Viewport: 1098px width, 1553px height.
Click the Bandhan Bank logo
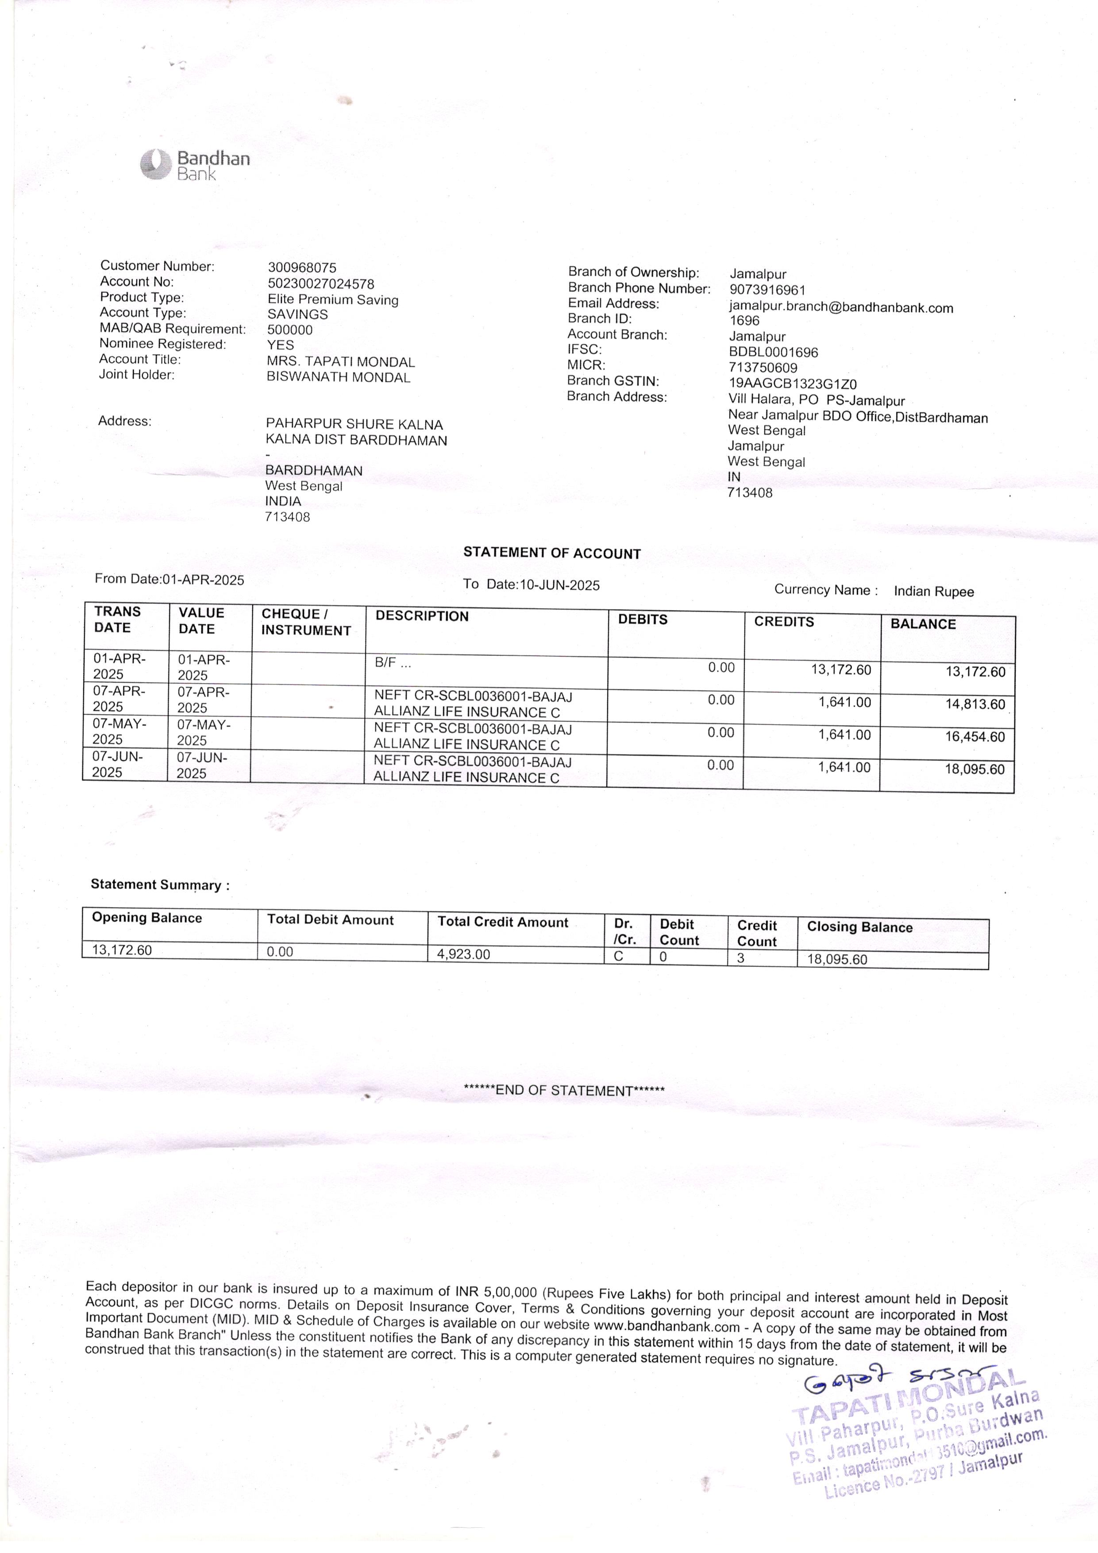(195, 165)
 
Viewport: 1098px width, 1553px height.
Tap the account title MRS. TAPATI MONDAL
(341, 362)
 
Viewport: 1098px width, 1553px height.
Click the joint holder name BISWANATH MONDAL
(338, 377)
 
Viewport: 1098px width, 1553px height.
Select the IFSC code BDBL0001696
(773, 352)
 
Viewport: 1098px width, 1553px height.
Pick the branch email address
(840, 308)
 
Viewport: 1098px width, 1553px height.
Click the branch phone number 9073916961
(767, 290)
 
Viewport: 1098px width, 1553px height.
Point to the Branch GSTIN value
(792, 383)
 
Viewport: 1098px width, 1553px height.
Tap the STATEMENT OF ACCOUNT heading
(552, 553)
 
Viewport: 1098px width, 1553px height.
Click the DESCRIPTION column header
(422, 616)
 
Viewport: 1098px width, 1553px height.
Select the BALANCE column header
(923, 624)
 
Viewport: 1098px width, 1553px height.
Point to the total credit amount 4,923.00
(464, 954)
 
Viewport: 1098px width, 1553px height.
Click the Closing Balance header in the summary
(859, 927)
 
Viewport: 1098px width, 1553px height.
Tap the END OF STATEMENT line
(564, 1090)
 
